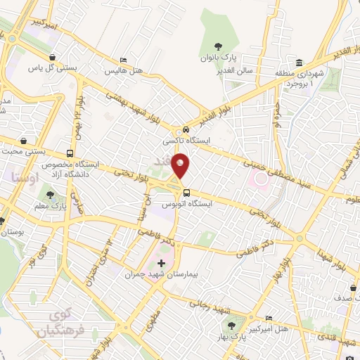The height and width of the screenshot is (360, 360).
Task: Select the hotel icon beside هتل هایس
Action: [x=124, y=60]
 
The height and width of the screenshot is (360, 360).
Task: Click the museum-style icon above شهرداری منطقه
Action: [x=299, y=63]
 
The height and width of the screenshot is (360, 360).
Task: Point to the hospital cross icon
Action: [x=161, y=262]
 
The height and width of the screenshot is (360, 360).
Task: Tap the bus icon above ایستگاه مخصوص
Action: [x=70, y=153]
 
